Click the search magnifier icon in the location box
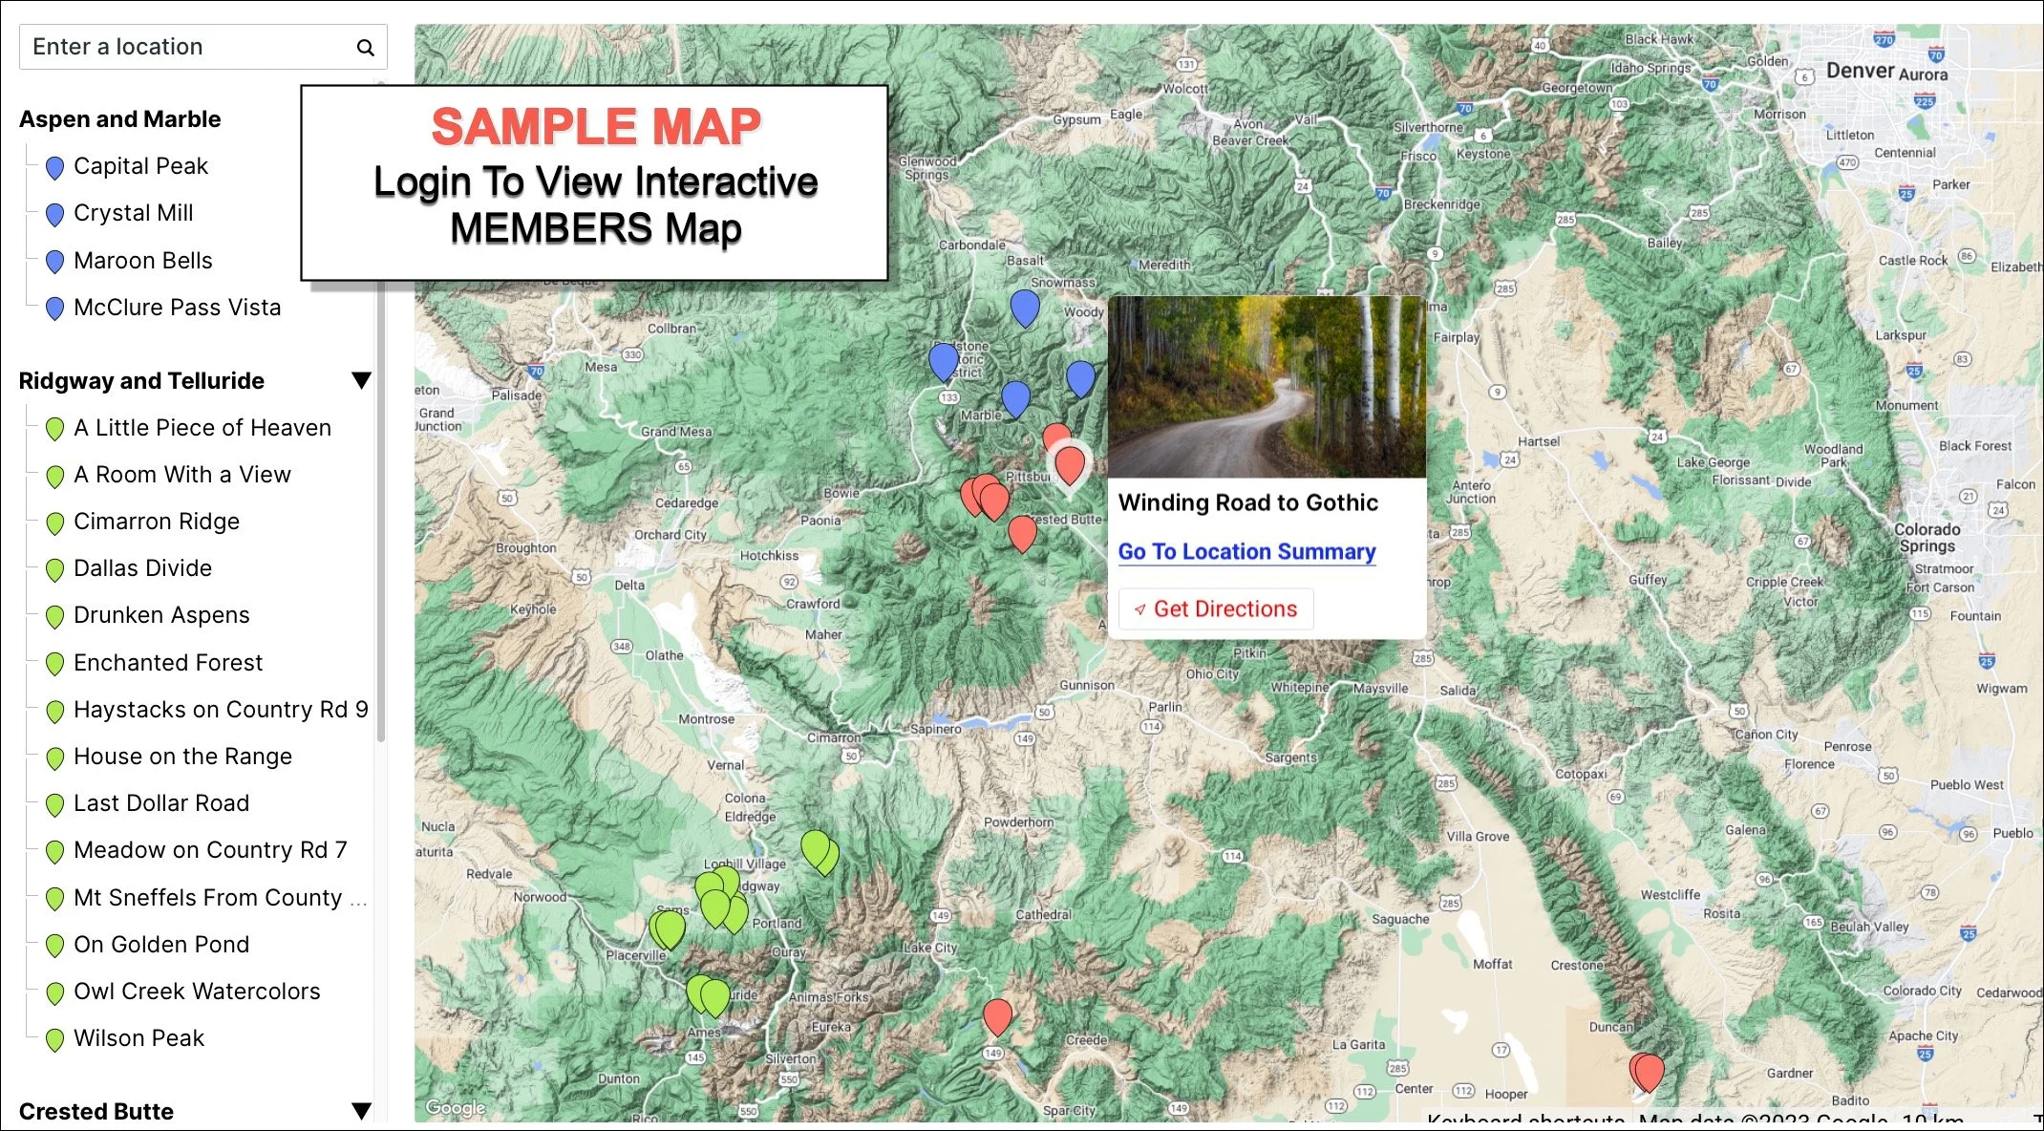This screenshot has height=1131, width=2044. tap(365, 48)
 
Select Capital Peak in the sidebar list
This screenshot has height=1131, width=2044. tap(140, 166)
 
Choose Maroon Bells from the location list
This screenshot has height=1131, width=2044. tap(142, 261)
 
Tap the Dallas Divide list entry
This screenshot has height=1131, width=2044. tap(142, 568)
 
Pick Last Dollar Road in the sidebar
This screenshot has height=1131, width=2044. tap(160, 803)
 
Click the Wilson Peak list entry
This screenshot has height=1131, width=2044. tap(138, 1038)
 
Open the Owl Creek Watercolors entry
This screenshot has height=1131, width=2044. tap(196, 992)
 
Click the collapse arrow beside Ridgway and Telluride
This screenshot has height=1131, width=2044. tap(361, 381)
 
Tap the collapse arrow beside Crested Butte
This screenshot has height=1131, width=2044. tap(361, 1111)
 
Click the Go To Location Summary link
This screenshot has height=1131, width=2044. tap(1246, 552)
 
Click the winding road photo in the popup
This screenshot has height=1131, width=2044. tap(1267, 387)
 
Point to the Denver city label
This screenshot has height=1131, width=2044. tap(1860, 71)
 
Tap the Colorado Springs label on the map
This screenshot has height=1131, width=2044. tap(1927, 538)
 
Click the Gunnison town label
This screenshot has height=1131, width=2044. tap(1086, 685)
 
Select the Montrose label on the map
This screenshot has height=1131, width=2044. tap(706, 719)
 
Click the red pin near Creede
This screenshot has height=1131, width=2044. tap(997, 1016)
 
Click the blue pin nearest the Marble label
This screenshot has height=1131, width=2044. tap(1015, 397)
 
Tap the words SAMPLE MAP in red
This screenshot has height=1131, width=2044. tap(596, 127)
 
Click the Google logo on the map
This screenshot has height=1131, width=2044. tap(456, 1107)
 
